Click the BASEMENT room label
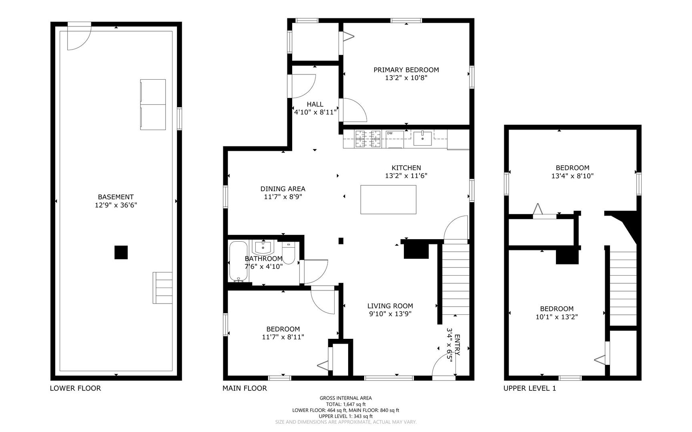coord(116,197)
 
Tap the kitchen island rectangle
coord(388,200)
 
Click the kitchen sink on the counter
coord(423,138)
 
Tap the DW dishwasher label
coord(389,133)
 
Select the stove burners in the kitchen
coord(368,139)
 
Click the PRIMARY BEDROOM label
coord(406,70)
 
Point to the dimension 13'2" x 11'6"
coord(406,176)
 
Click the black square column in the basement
coord(121,252)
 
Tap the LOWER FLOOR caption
coord(75,388)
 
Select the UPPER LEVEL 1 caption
coord(530,388)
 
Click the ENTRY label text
coord(457,345)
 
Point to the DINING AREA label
coord(283,189)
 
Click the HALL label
coord(315,104)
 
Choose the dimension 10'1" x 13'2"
coord(557,317)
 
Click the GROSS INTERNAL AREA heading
coord(346,398)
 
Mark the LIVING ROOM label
coord(390,306)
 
